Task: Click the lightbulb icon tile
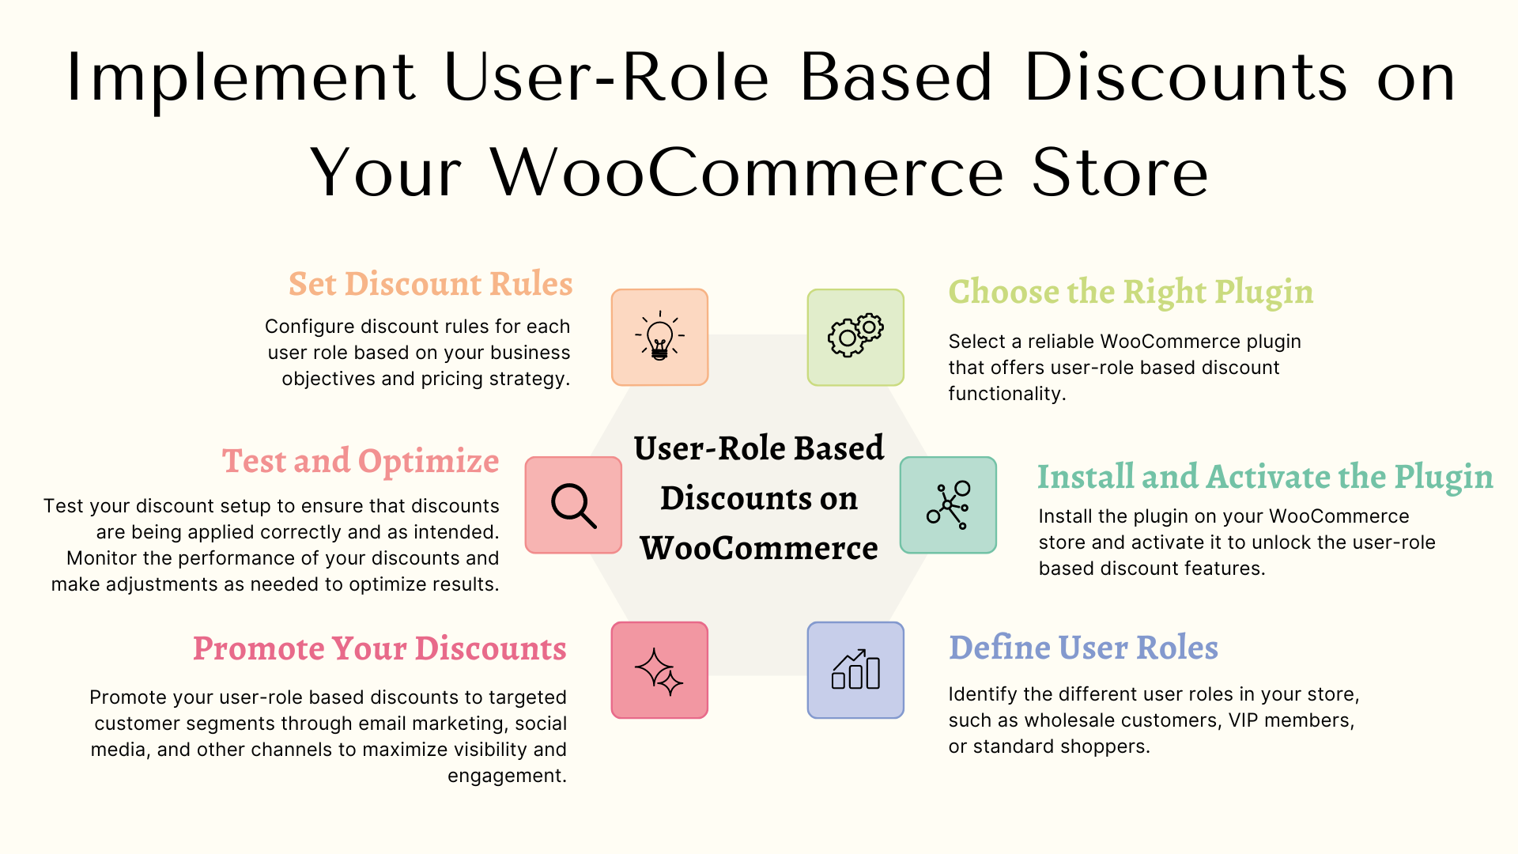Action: pyautogui.click(x=659, y=337)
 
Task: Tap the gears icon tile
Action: pyautogui.click(x=855, y=337)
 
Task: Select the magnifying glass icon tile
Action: pyautogui.click(x=573, y=504)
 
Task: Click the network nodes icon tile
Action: pyautogui.click(x=948, y=504)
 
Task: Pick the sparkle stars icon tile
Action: pyautogui.click(x=659, y=670)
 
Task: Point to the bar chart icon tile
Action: pyautogui.click(x=855, y=670)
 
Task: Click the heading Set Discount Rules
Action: pyautogui.click(x=430, y=283)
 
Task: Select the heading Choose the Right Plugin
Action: pyautogui.click(x=1131, y=293)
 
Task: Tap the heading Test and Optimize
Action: pyautogui.click(x=361, y=461)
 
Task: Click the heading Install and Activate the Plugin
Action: pyautogui.click(x=1265, y=477)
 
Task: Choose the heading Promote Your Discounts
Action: pyautogui.click(x=379, y=648)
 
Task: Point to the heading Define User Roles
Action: pyautogui.click(x=1083, y=647)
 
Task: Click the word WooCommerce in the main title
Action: pyautogui.click(x=747, y=172)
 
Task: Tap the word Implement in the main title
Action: pyautogui.click(x=241, y=77)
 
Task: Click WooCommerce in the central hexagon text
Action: pyautogui.click(x=759, y=548)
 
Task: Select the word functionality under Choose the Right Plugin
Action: pyautogui.click(x=1007, y=394)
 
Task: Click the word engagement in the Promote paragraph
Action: pyautogui.click(x=507, y=777)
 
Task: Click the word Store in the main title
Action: pyautogui.click(x=1120, y=172)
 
